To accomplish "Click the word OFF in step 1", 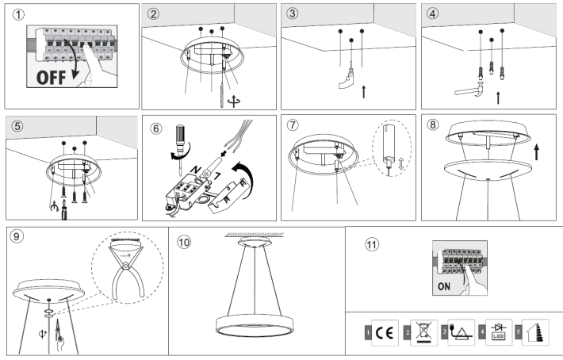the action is [51, 78].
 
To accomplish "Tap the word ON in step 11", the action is [444, 286].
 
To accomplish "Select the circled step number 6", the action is [156, 128].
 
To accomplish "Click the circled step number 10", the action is [184, 243].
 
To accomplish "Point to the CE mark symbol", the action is [385, 333].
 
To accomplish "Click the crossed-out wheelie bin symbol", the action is [423, 331].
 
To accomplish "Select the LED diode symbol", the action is [499, 331].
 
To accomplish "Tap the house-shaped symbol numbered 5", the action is [535, 333].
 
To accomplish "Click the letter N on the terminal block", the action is [196, 170].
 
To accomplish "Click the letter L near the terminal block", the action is [218, 176].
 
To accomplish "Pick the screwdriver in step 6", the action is [180, 147].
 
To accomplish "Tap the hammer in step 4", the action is [469, 90].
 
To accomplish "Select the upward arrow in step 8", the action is [536, 151].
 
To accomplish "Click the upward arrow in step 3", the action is [364, 91].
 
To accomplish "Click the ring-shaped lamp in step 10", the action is [255, 325].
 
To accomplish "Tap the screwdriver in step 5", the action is [64, 210].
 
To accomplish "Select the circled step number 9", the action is [16, 236].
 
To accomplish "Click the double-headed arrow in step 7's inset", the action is [401, 164].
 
